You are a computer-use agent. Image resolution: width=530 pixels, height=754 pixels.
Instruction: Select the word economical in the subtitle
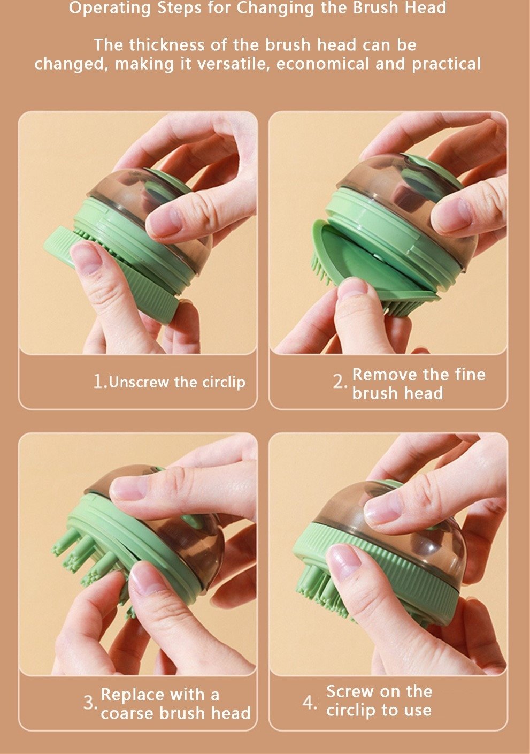click(x=322, y=64)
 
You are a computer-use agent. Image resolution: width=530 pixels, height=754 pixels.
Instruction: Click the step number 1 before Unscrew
click(x=98, y=382)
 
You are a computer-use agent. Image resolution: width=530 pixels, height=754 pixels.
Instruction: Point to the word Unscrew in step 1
click(x=139, y=382)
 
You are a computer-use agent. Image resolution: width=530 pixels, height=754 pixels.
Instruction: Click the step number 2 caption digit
click(x=339, y=382)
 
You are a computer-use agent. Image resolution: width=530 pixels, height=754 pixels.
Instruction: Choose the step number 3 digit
click(x=89, y=703)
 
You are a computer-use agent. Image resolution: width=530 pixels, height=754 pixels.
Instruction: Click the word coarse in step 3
click(x=127, y=714)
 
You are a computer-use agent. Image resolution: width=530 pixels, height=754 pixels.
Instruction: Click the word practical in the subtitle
click(x=447, y=64)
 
